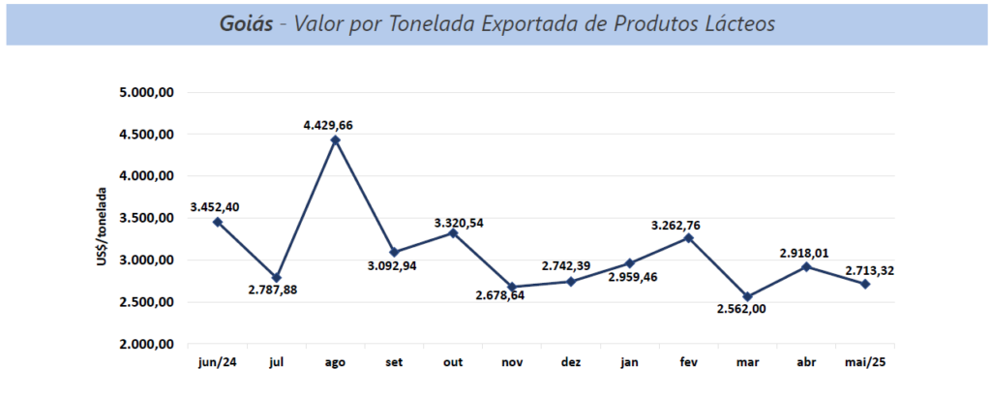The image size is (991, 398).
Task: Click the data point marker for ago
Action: click(335, 139)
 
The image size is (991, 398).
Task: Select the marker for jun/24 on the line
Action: click(218, 222)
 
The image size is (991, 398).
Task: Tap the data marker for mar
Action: click(747, 296)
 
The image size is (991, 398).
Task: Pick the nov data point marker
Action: click(512, 287)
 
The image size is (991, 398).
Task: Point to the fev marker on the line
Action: click(688, 237)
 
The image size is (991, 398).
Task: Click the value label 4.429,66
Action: click(335, 124)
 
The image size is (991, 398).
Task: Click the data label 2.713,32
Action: click(868, 270)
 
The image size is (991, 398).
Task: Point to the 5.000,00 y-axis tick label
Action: click(146, 93)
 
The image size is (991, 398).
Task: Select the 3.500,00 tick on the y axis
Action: click(146, 219)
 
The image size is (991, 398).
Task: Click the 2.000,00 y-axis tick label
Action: click(146, 344)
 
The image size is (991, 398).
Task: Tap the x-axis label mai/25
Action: click(864, 363)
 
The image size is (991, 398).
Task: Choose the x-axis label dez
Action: click(571, 363)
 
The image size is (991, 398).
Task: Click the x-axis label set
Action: click(394, 363)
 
